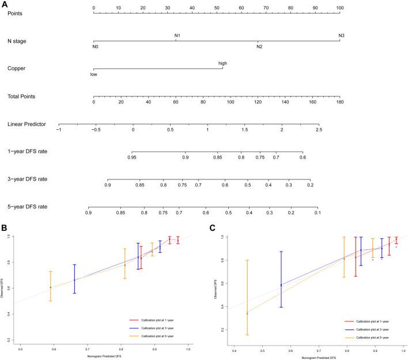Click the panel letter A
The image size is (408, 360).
4,4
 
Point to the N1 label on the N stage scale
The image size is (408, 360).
178,36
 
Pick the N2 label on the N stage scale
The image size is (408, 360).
260,46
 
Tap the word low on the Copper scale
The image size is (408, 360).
93,74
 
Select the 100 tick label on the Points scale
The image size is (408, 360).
340,8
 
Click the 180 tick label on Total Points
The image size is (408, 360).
339,102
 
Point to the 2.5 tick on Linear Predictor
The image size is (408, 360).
319,130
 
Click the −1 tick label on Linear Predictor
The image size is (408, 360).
59,130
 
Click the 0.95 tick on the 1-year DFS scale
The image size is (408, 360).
133,157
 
